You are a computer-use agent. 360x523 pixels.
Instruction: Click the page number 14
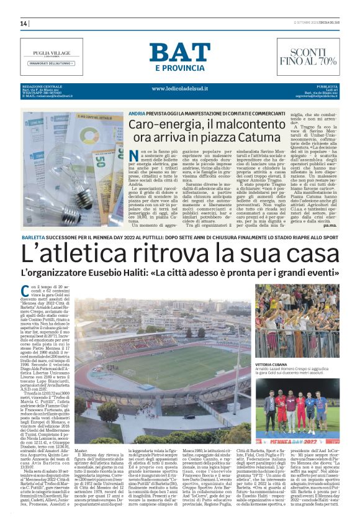click(x=24, y=24)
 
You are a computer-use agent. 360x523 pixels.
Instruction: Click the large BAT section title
click(x=179, y=53)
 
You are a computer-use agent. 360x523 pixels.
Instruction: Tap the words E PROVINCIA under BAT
click(x=179, y=68)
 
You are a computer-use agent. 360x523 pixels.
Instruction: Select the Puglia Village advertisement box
click(x=51, y=57)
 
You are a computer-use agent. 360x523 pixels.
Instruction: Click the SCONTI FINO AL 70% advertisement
click(x=308, y=57)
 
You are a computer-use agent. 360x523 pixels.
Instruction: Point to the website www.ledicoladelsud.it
click(x=179, y=89)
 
